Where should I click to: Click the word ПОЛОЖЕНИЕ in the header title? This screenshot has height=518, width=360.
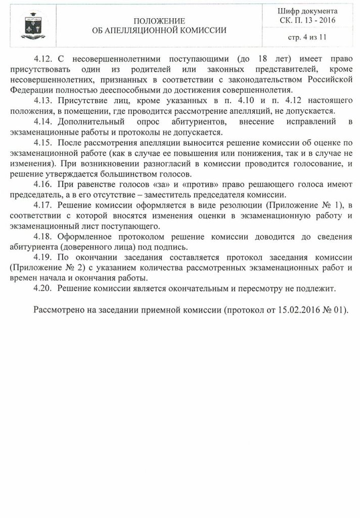click(x=159, y=21)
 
